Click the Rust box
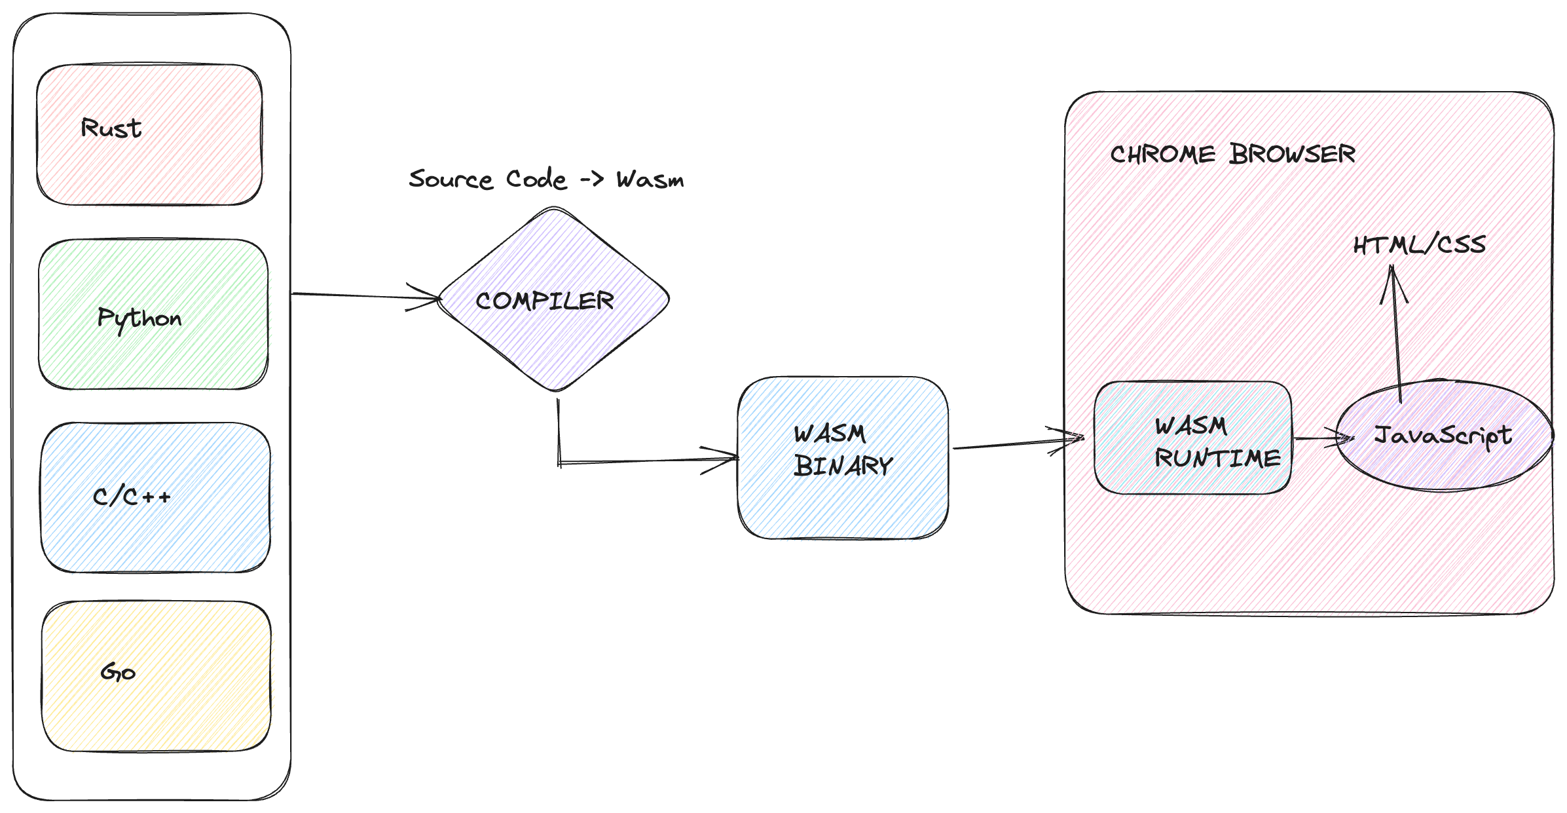150,134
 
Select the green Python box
153,314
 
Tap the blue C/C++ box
156,497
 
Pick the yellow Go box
156,675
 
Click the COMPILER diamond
554,300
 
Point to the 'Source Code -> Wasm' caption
546,179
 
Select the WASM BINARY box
843,458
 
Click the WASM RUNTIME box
1192,438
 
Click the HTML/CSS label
1419,245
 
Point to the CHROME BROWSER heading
1232,155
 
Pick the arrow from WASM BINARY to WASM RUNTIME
1015,444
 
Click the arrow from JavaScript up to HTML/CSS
1396,334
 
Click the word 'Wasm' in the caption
650,180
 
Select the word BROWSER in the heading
1292,155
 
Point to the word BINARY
843,466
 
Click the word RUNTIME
1217,458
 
